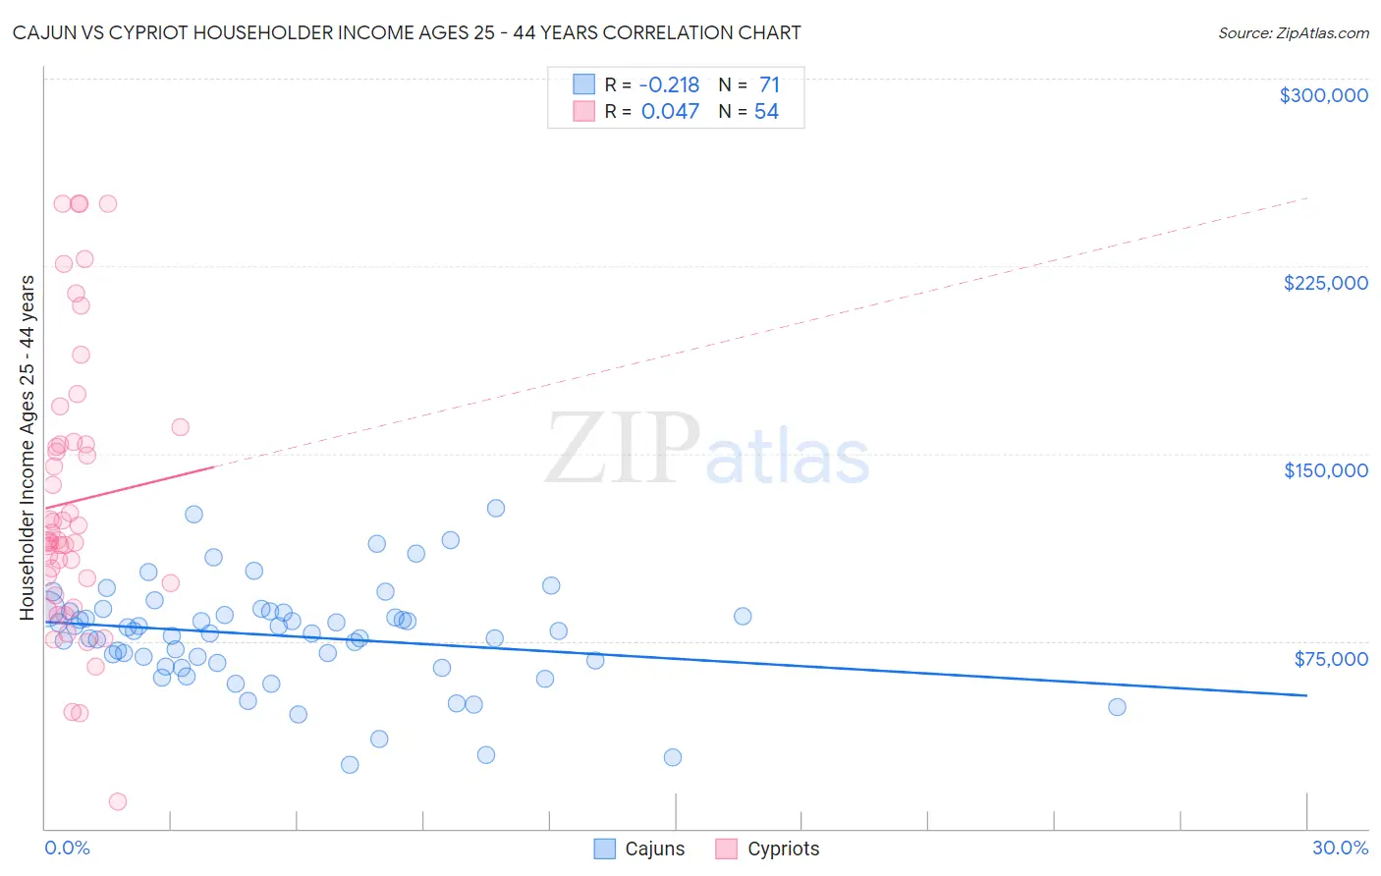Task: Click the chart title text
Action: click(407, 32)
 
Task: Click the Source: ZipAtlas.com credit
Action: click(1293, 32)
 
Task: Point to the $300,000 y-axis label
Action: click(1323, 95)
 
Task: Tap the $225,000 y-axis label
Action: click(1325, 283)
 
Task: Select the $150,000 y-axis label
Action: click(1325, 470)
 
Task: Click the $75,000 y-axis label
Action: click(1330, 659)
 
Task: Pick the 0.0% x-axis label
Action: click(67, 848)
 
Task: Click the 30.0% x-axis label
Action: click(1340, 848)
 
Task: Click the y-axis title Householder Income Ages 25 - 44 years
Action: click(28, 447)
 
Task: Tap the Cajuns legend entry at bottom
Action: click(640, 849)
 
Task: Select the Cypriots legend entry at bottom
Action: click(768, 849)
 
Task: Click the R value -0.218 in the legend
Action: click(669, 85)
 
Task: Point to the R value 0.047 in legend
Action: click(670, 112)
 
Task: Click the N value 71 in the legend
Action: click(769, 85)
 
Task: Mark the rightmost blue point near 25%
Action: click(1117, 707)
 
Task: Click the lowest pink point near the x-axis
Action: click(118, 801)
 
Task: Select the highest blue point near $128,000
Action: click(496, 508)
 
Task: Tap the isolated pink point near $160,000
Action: click(180, 427)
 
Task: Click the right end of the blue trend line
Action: click(1306, 695)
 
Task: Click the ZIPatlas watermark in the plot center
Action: click(707, 450)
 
